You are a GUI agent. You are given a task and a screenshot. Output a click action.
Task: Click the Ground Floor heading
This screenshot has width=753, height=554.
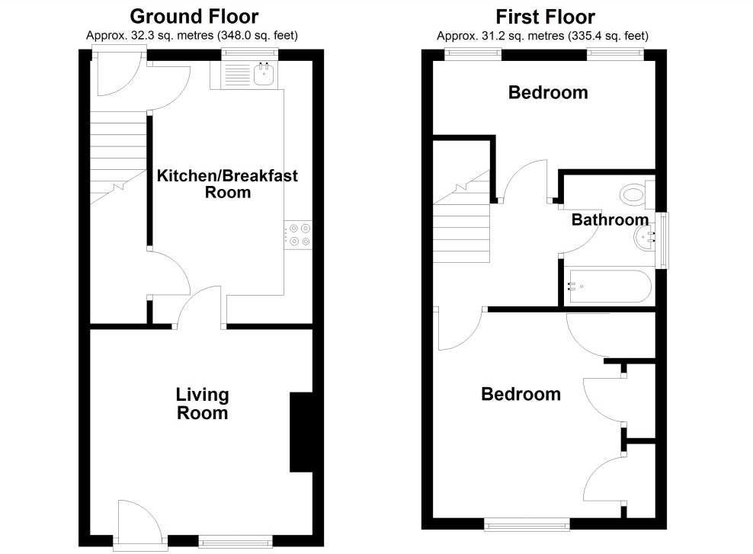[x=194, y=16]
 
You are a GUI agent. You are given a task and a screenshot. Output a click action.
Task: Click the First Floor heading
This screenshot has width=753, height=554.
[x=545, y=16]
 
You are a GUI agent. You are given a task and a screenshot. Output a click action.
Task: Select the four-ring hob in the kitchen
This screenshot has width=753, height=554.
[x=299, y=234]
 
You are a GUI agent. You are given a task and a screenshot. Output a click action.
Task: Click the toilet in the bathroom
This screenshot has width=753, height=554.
[x=633, y=194]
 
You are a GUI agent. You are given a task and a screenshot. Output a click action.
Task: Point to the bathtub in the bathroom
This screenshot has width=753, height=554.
[x=607, y=287]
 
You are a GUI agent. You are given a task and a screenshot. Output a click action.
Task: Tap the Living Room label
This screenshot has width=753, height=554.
[x=202, y=404]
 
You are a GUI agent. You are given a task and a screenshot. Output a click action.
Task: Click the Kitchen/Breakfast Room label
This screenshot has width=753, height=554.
[x=227, y=184]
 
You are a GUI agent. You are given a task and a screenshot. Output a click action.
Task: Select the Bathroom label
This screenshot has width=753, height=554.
[x=610, y=220]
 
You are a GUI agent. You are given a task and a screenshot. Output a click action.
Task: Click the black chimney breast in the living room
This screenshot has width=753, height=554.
[x=301, y=433]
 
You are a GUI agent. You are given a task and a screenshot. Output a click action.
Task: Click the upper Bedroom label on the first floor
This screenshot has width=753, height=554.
[x=548, y=93]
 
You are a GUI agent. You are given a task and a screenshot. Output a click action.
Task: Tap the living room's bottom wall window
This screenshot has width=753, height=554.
[x=235, y=542]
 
